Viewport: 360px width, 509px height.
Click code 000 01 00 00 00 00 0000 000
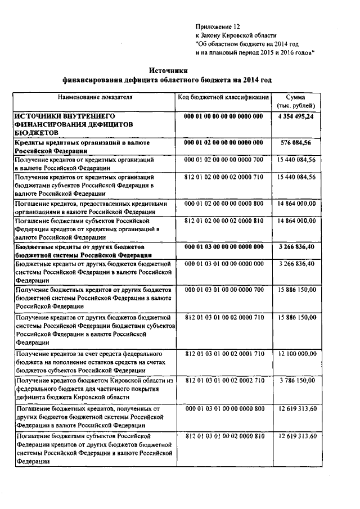223,116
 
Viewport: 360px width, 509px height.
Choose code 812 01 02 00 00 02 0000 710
223,178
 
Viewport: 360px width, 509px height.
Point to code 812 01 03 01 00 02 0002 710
223,381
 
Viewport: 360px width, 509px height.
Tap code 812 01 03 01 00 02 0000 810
223,436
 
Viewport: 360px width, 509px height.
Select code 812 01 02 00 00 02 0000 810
223,221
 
